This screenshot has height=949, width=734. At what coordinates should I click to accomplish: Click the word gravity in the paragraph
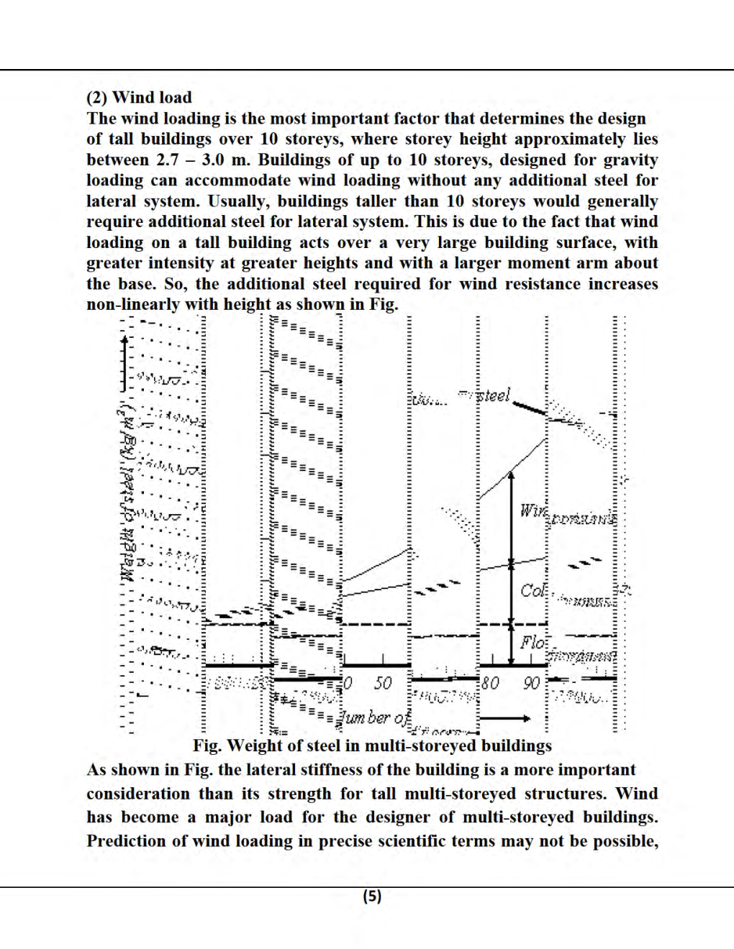pos(630,160)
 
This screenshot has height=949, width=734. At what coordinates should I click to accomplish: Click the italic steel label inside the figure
pos(494,395)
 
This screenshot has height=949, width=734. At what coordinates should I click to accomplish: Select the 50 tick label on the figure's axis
pos(383,682)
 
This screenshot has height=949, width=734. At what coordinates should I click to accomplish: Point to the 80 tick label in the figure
pos(490,682)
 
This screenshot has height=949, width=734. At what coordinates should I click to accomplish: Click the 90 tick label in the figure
pos(532,682)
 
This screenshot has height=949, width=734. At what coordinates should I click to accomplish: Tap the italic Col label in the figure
pos(533,590)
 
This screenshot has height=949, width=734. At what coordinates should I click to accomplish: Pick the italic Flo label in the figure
pos(533,642)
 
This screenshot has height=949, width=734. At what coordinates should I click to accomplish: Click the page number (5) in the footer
pos(372,896)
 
